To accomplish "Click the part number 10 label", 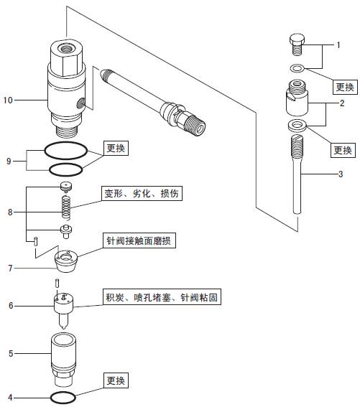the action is tap(8, 100).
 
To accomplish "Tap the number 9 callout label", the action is tap(9, 162).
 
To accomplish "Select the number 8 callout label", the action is tap(10, 212).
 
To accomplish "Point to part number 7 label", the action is tap(10, 268).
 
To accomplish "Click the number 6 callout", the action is tap(11, 306).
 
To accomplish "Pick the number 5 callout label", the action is tap(11, 354).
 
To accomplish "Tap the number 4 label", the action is tap(10, 398).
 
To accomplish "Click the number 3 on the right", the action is tap(341, 174).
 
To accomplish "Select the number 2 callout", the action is tap(342, 103).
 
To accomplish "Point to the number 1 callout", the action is tap(338, 45).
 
